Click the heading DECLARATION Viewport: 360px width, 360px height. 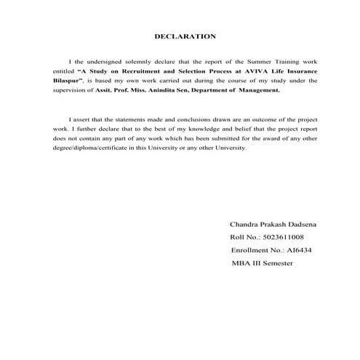pyautogui.click(x=185, y=35)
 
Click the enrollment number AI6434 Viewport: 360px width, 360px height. pyautogui.click(x=295, y=249)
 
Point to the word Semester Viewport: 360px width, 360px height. pyautogui.click(x=276, y=262)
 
